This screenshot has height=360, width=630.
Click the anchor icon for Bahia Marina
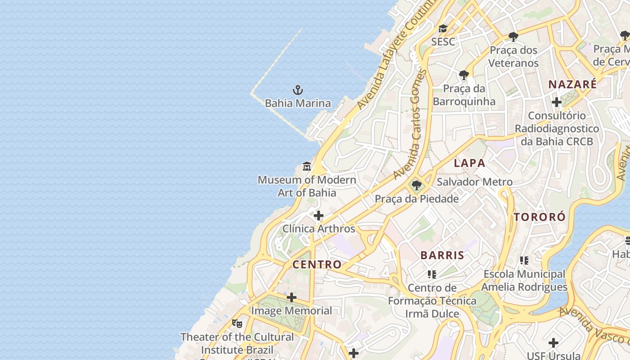[x=297, y=90]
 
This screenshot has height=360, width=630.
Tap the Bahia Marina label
[x=297, y=103]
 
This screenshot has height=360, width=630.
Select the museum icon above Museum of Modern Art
[x=307, y=166]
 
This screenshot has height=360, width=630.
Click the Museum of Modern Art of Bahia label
[x=307, y=186]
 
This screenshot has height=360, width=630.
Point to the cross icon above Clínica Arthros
[x=319, y=216]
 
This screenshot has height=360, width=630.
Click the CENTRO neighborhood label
[x=317, y=265]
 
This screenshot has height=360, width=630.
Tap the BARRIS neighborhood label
[x=442, y=255]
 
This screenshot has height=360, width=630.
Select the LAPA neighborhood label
[x=469, y=163]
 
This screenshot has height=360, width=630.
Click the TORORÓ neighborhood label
[x=540, y=217]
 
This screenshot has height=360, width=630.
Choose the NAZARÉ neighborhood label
[x=572, y=84]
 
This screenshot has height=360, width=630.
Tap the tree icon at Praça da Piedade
[x=417, y=185]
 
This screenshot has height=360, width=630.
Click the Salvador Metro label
[x=475, y=182]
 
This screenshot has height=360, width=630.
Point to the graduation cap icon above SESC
[x=443, y=29]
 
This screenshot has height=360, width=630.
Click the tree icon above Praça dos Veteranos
[x=513, y=37]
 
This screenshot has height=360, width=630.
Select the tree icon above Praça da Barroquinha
[x=464, y=75]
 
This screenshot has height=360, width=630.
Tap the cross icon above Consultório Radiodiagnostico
[x=557, y=102]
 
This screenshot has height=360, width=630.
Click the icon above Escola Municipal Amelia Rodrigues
[x=524, y=260]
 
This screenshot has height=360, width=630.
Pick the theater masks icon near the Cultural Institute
[x=237, y=323]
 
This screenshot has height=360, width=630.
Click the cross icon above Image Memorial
[x=292, y=297]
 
